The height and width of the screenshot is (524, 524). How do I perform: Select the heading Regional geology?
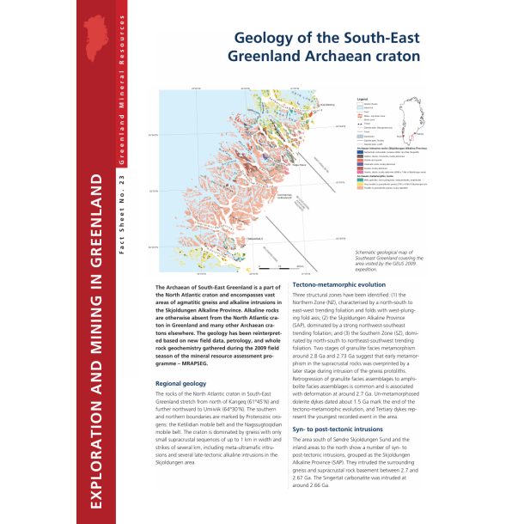pos(180,384)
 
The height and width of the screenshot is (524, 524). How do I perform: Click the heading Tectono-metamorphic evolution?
pos(339,284)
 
